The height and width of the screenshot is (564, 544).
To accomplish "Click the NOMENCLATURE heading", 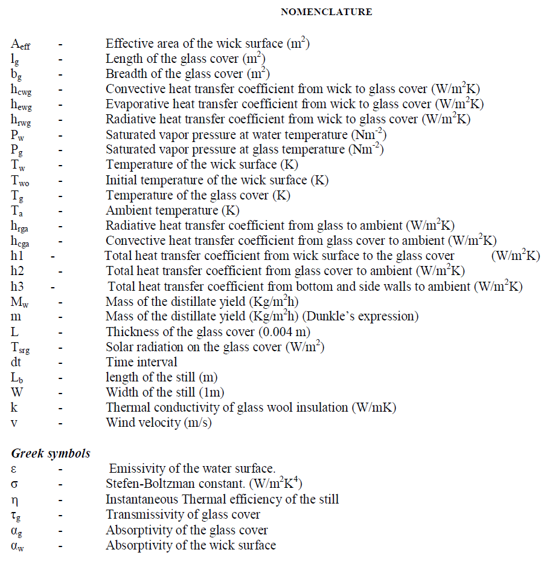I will coord(327,12).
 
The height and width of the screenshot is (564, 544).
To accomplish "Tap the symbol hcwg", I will coord(22,89).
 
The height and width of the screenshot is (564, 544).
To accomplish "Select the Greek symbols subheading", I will coord(51,453).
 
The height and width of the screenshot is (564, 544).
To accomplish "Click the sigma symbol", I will coord(14,484).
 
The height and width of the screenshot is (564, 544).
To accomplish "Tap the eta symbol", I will coord(14,499).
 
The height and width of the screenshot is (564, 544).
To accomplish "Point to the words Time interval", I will coord(141,362).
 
